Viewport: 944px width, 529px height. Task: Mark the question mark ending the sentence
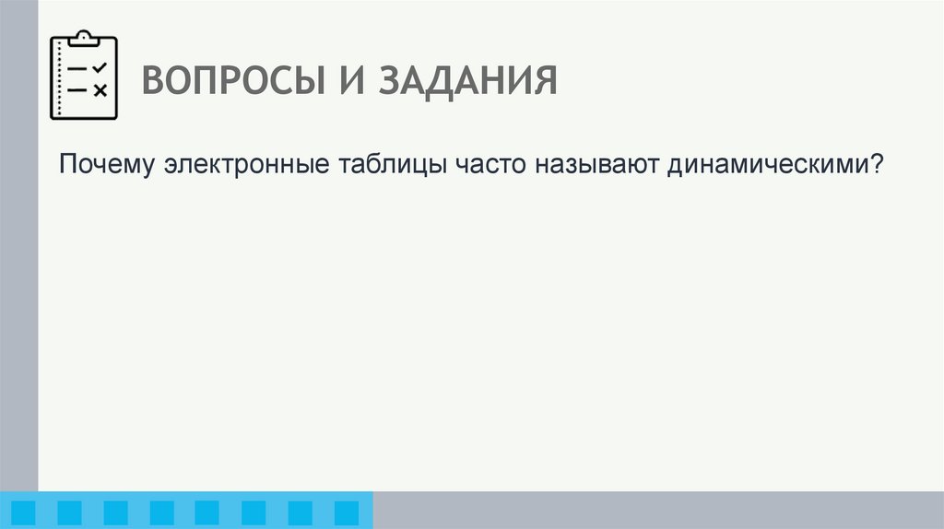coord(878,166)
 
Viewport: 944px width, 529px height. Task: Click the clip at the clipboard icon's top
coord(84,38)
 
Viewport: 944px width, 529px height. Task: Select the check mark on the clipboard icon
coord(100,68)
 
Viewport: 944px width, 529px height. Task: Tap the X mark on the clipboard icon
coord(100,89)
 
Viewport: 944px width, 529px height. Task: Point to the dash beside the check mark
coord(78,69)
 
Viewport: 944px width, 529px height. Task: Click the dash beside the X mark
coord(78,89)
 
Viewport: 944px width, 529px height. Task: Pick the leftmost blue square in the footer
coord(23,512)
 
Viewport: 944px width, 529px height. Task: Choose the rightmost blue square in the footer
coord(346,512)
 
